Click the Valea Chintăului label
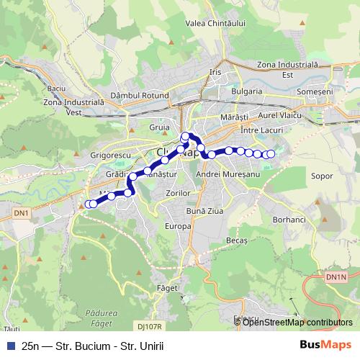215,24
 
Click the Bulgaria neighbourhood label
247,92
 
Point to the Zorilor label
176,194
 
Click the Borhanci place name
289,218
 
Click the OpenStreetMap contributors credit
297,323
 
